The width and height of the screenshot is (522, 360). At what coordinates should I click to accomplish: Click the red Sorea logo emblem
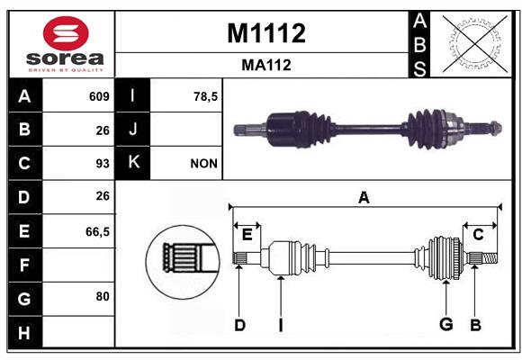(66, 33)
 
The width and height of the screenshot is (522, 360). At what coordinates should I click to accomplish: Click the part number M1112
(266, 33)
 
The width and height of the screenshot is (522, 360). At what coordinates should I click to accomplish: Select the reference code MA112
(266, 65)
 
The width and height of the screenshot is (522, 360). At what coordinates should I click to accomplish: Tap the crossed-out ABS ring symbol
(474, 44)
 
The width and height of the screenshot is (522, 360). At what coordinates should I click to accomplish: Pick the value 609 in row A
(99, 96)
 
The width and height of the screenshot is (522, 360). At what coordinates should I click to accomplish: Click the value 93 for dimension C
(103, 164)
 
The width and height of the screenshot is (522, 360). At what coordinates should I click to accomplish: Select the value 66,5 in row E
(97, 231)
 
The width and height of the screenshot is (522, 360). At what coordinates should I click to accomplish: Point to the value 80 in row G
(103, 296)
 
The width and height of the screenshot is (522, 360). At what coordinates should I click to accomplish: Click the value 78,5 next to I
(205, 96)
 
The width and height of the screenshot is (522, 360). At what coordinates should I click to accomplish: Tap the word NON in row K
(203, 164)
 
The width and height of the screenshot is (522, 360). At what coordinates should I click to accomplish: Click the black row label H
(25, 332)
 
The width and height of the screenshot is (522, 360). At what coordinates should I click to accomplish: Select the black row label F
(25, 265)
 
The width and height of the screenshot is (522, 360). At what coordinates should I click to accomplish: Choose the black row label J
(132, 130)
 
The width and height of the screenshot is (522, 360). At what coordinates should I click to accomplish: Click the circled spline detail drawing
(183, 262)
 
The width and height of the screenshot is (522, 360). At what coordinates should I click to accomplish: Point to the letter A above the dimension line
(364, 198)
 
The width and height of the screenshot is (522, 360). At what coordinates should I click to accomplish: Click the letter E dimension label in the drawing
(247, 235)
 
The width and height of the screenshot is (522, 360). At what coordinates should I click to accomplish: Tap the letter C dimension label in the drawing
(478, 235)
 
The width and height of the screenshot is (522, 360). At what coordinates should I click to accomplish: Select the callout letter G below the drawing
(446, 324)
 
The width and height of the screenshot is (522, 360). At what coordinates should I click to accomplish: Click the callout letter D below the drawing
(239, 325)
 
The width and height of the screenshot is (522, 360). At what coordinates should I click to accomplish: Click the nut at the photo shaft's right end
(496, 128)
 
